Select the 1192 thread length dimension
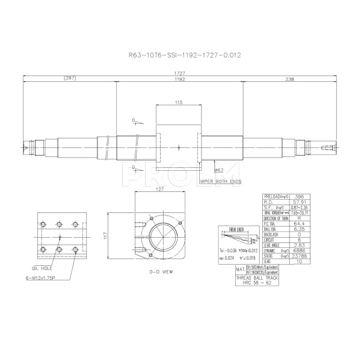point(179,79)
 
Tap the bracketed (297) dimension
point(69,79)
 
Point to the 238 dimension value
point(289,79)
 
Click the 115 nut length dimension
point(179,103)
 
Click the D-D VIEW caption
point(161,272)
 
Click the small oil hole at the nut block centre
point(179,146)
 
